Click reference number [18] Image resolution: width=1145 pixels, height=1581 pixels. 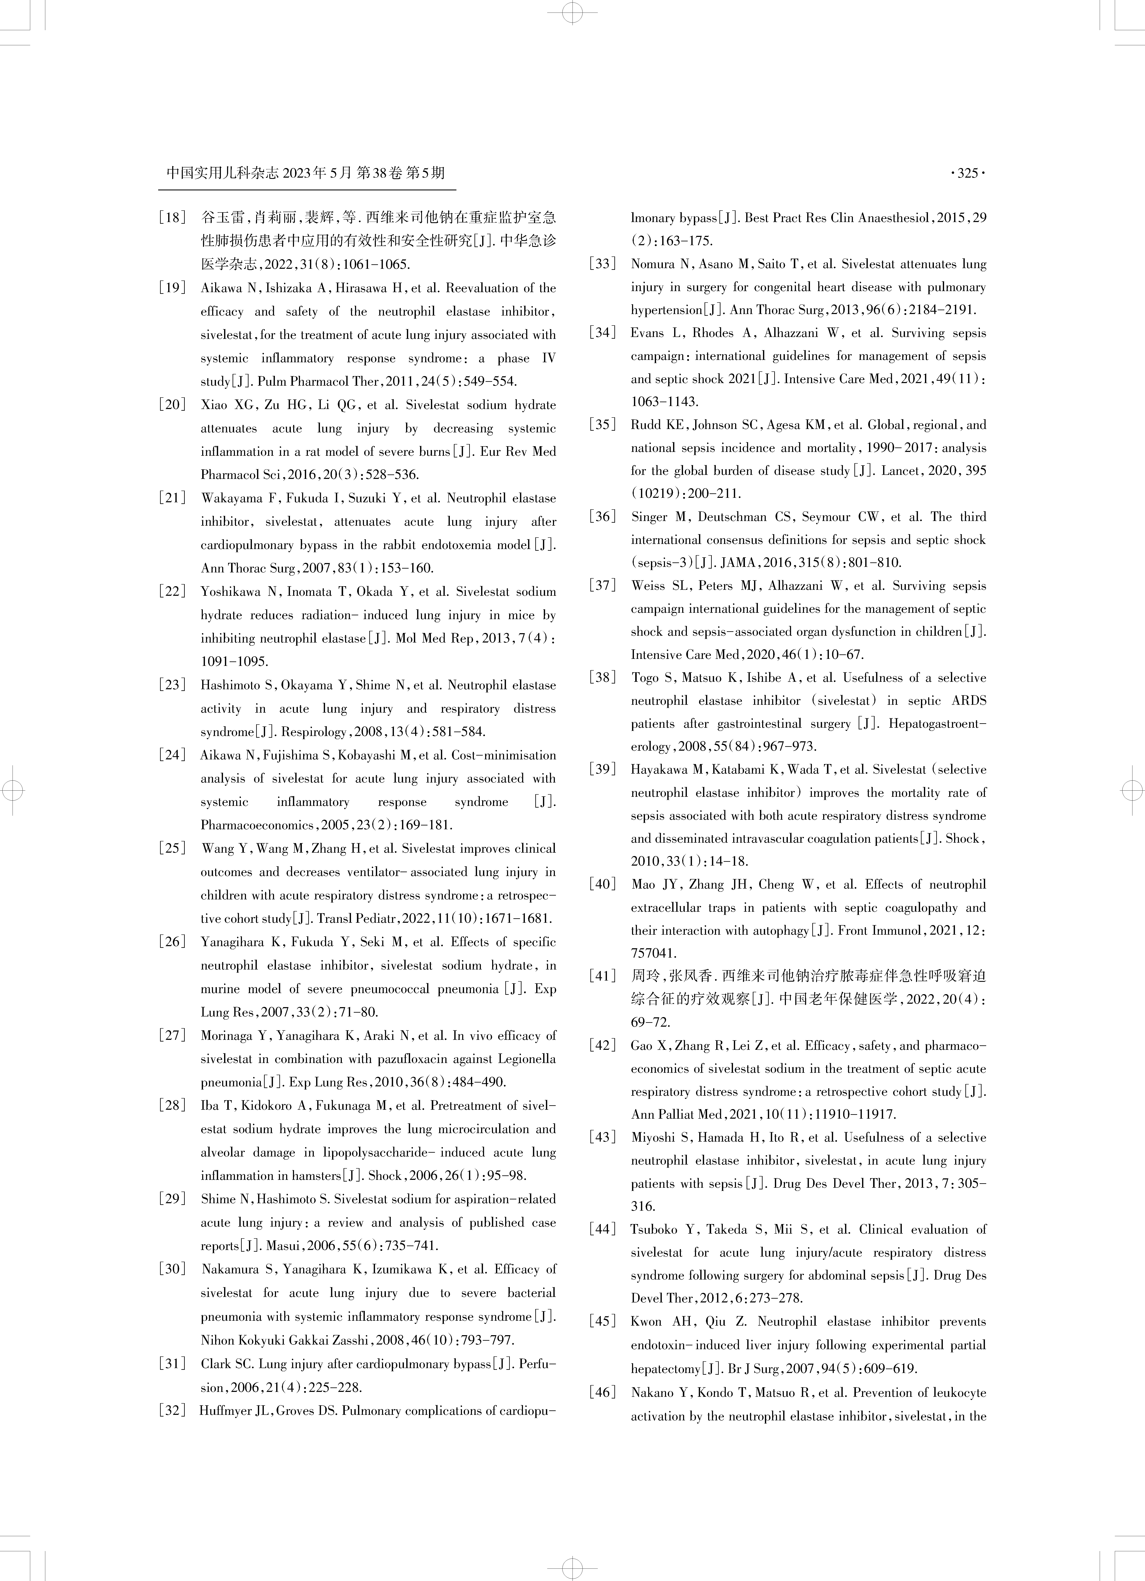[172, 218]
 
